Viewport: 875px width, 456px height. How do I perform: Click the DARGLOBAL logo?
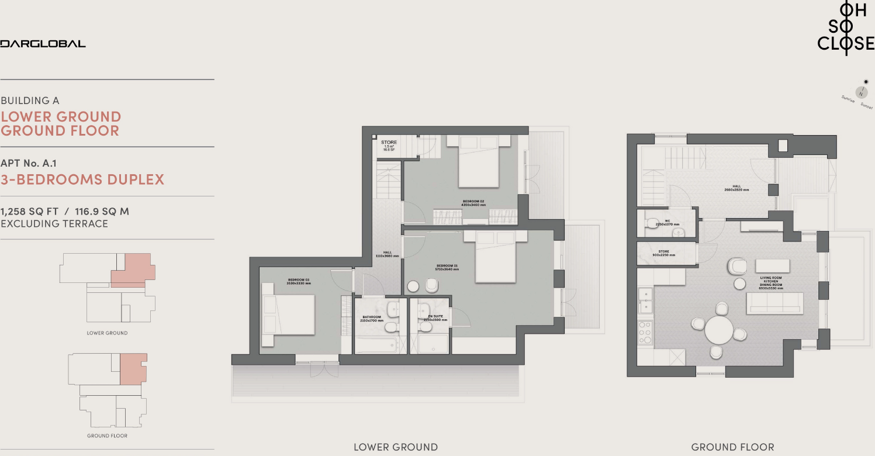tap(43, 43)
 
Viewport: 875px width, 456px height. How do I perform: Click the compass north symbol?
tap(861, 92)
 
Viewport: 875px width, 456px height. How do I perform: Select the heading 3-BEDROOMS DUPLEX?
tap(82, 179)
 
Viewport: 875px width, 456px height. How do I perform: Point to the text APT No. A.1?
tap(29, 164)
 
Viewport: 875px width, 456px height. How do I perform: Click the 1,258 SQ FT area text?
tap(33, 211)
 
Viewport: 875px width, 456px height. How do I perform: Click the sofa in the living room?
tap(774, 303)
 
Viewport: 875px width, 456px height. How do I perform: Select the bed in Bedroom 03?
tap(289, 315)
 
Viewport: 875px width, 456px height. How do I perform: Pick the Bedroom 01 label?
tap(447, 267)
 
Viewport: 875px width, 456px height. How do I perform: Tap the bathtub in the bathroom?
tap(377, 344)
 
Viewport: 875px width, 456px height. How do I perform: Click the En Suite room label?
tap(434, 318)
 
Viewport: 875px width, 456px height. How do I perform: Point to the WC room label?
tap(667, 223)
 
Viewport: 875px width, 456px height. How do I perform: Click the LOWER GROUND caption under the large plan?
tap(395, 447)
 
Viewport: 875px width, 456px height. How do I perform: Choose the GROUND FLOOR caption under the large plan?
tap(732, 447)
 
